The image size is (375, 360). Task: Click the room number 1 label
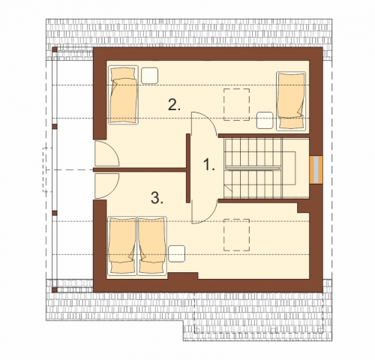208,165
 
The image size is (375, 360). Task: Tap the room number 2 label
174,105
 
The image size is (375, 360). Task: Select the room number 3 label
157,198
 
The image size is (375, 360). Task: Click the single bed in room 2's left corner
123,94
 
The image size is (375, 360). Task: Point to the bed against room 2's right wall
291,101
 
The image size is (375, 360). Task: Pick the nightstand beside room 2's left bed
149,76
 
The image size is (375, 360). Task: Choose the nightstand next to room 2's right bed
265,120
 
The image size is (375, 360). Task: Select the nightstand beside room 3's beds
176,253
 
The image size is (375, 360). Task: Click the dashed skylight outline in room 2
236,104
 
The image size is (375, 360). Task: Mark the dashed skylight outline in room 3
236,235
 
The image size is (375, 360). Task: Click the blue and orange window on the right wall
316,170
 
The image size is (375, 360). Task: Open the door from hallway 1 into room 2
204,124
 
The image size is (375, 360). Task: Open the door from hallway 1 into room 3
204,211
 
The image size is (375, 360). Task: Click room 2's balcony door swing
106,154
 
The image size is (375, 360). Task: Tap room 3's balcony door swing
106,185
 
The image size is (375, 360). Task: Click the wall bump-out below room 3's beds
183,276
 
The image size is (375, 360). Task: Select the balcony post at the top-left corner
55,49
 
